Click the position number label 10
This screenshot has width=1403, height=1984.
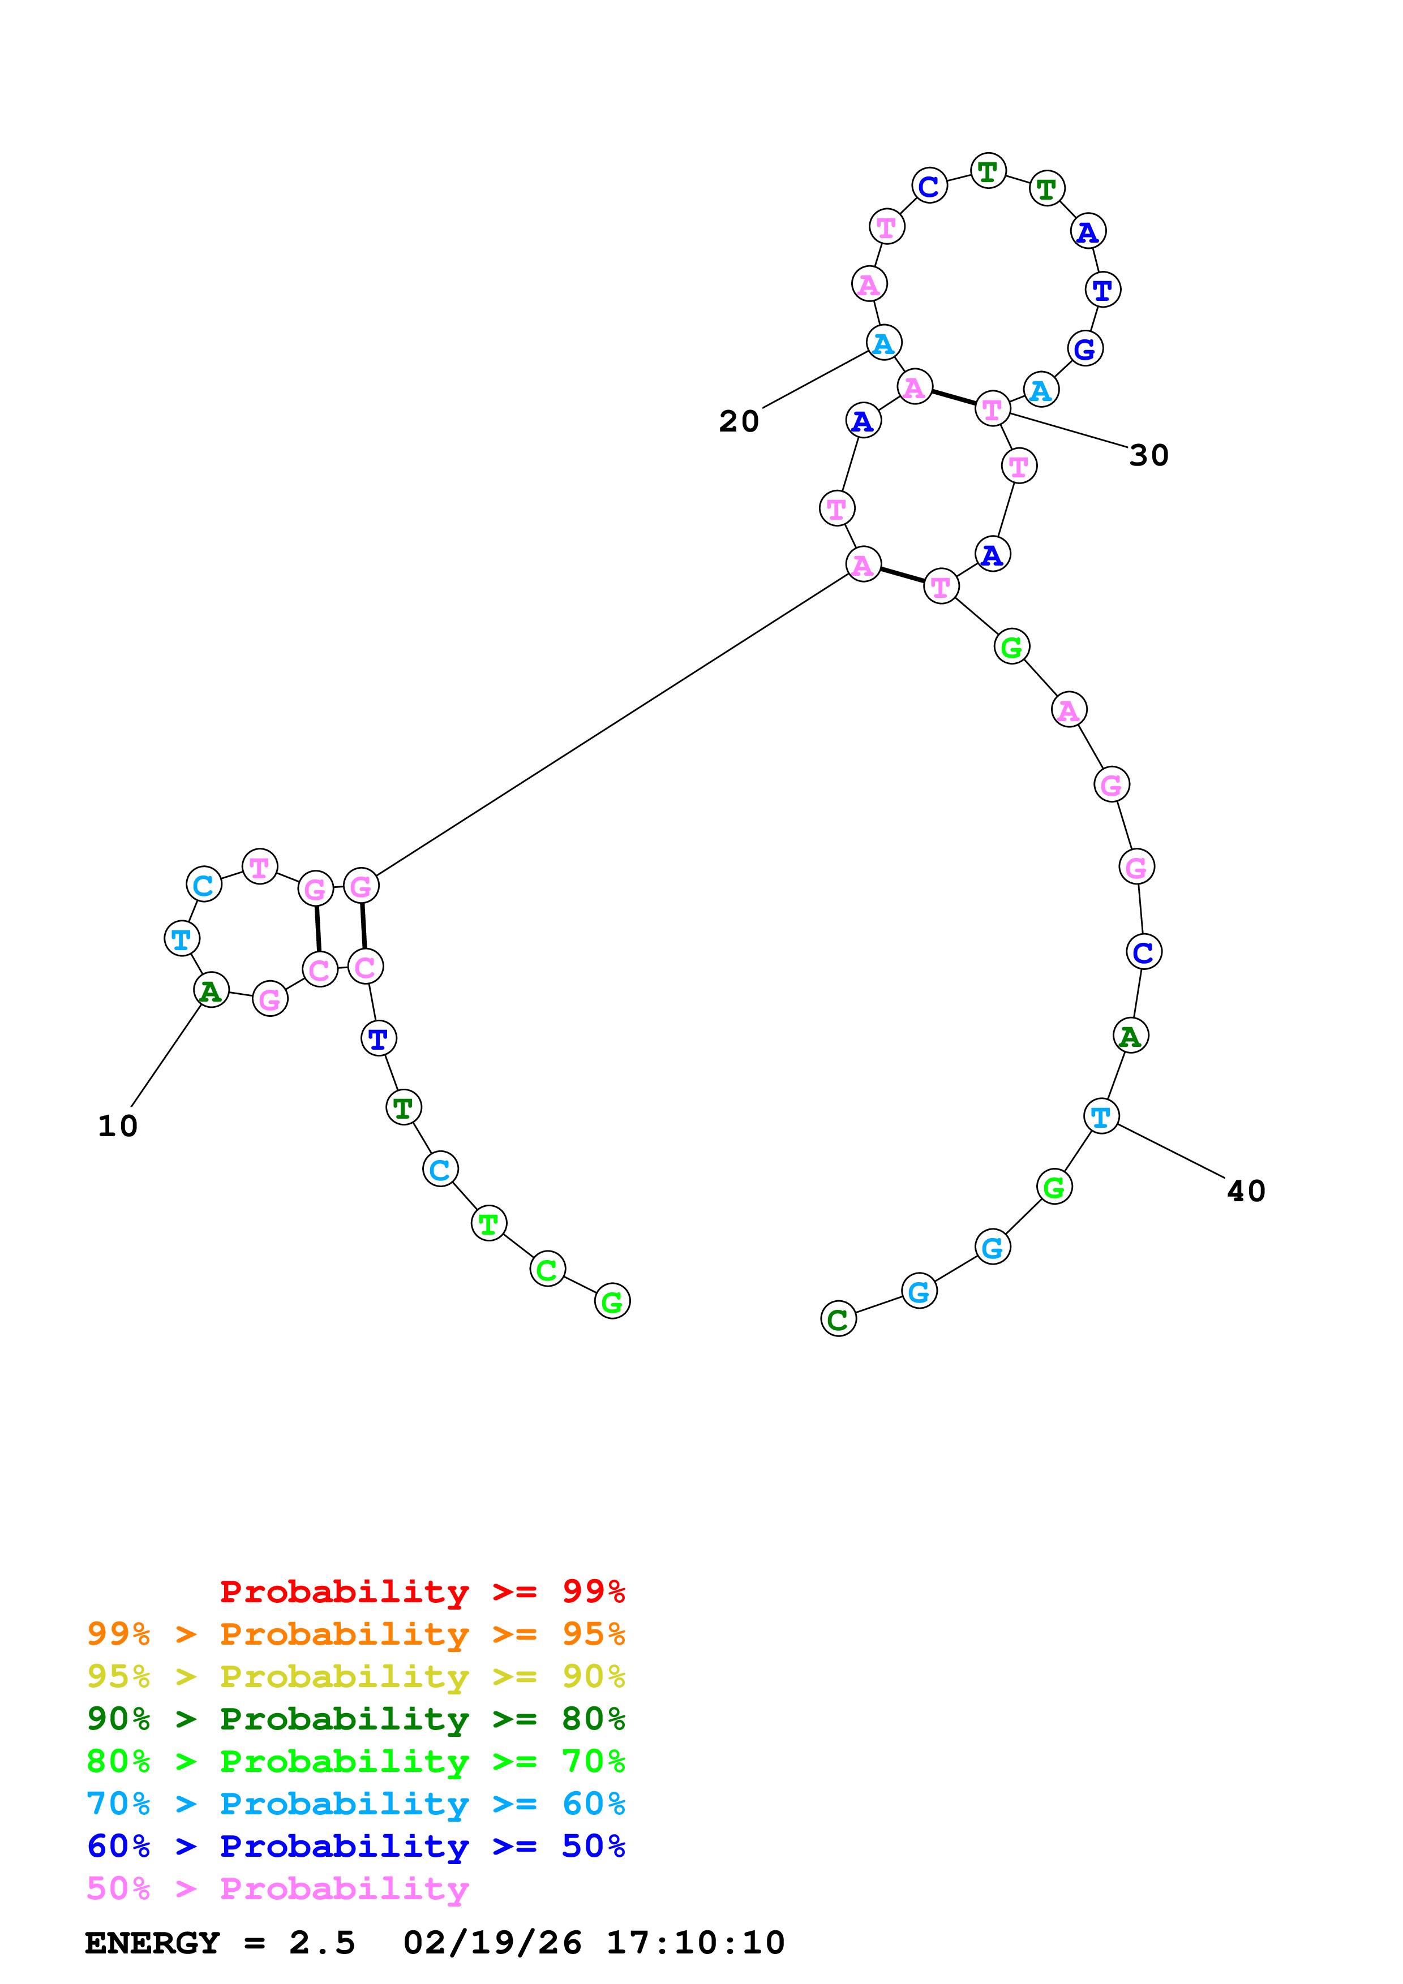[x=118, y=1126]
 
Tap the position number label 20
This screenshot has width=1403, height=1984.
[x=739, y=422]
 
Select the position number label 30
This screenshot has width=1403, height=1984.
[x=1149, y=455]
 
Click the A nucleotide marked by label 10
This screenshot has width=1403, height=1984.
[x=211, y=990]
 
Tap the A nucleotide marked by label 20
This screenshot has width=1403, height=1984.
[x=883, y=343]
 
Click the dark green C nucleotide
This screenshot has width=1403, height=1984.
[x=838, y=1319]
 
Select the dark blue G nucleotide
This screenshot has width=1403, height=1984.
[x=1085, y=348]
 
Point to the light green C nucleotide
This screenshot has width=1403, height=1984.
[x=547, y=1269]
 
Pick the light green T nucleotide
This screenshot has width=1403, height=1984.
[x=488, y=1223]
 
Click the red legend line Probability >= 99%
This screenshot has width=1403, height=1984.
[x=422, y=1591]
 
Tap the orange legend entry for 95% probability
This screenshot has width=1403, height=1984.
[x=356, y=1634]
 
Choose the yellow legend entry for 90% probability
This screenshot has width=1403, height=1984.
[x=356, y=1676]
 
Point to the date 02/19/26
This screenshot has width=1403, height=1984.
[x=492, y=1943]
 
